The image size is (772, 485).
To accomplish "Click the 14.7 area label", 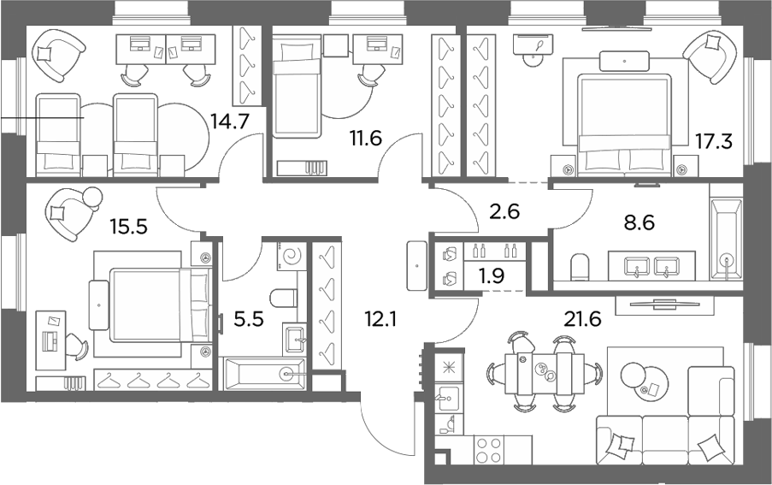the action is [x=230, y=121].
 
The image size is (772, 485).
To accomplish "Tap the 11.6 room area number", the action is [x=366, y=139].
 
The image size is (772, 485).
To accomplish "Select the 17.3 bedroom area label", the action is [x=713, y=141].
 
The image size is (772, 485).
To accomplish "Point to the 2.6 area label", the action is [x=505, y=211].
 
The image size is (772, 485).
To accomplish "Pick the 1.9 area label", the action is [x=492, y=276].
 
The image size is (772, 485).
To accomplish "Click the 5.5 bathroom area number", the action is [x=249, y=320].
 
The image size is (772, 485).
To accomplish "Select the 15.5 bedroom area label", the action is [x=128, y=228].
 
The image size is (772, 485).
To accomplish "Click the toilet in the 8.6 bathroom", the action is [x=580, y=268].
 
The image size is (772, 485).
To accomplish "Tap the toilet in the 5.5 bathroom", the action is [x=283, y=297].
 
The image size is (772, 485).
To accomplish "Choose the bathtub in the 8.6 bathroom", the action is [x=727, y=239].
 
